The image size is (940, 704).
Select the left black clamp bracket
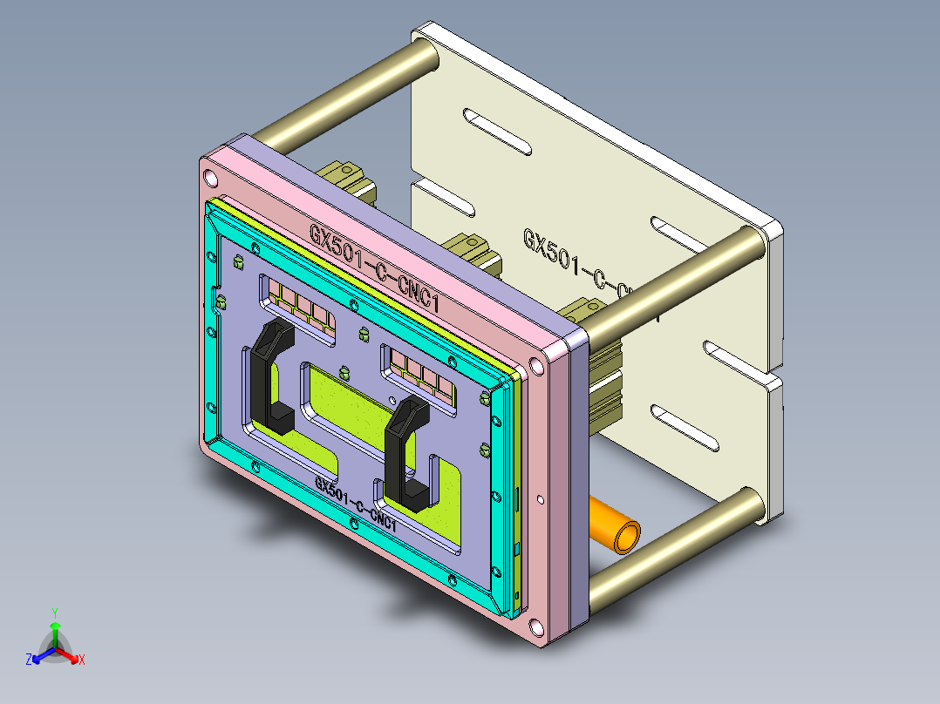(265, 375)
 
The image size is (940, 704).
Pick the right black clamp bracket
(405, 453)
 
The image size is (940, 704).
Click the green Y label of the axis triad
(54, 613)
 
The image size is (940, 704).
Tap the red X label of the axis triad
(81, 660)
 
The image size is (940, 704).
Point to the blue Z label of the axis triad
(29, 660)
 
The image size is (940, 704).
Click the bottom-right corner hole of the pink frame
(535, 625)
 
